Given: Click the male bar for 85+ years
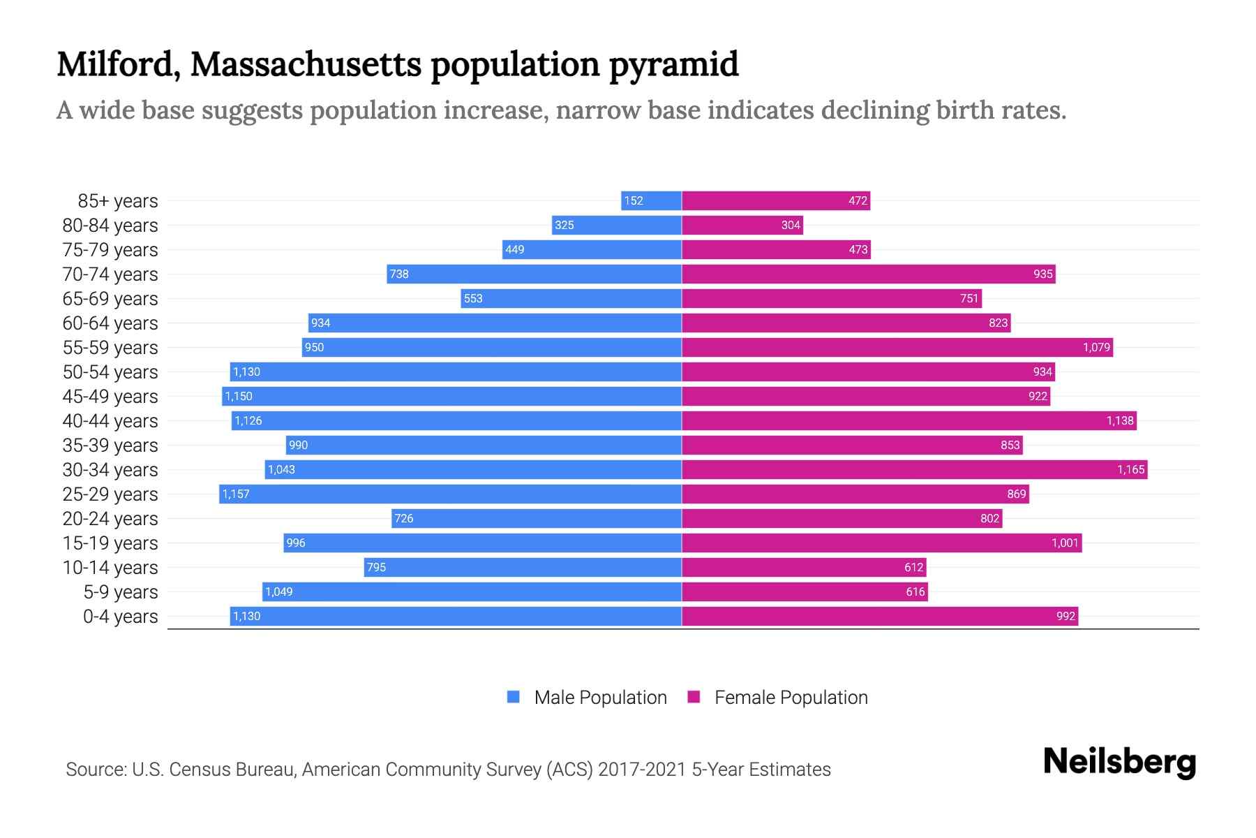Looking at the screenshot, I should (x=651, y=200).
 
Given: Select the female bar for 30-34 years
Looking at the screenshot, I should (x=914, y=469).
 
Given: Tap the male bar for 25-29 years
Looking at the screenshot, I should (x=450, y=494).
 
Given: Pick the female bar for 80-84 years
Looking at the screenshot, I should (x=742, y=225).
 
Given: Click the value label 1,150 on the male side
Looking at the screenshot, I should (x=239, y=396).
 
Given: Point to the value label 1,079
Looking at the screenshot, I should (x=1096, y=347).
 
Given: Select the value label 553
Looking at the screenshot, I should (x=473, y=298).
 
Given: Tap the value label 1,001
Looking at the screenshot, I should (x=1065, y=543).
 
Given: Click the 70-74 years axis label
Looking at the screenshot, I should (x=110, y=274).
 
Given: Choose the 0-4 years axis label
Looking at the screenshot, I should (x=120, y=616).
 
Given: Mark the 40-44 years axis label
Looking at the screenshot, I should (x=110, y=420).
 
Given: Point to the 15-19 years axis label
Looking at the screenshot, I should (x=110, y=543).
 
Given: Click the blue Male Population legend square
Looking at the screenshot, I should (x=514, y=697).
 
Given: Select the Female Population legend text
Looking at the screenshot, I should (x=791, y=697).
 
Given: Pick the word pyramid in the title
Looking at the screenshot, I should (x=673, y=64).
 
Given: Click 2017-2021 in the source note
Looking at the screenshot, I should (x=642, y=769).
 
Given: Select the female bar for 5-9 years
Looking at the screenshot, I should (x=805, y=591).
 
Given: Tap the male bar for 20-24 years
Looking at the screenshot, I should (x=536, y=518).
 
